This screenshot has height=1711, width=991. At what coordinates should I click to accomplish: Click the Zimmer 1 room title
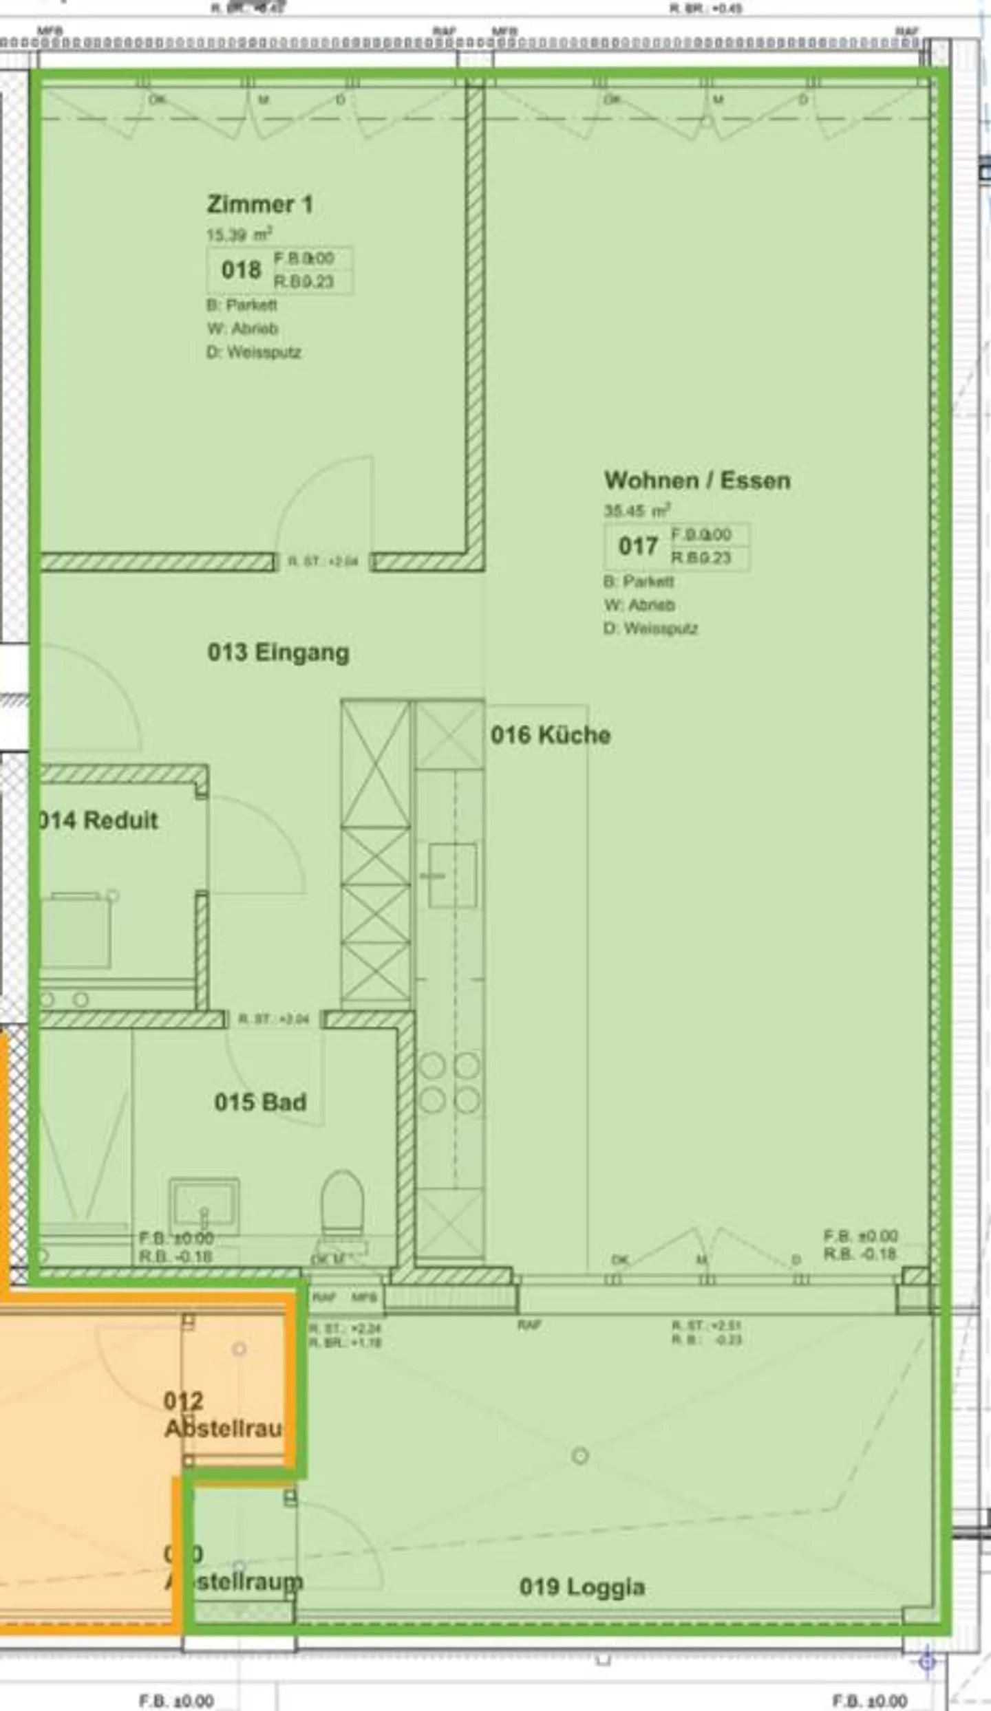[259, 204]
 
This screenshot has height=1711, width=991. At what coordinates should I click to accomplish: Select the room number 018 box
[241, 270]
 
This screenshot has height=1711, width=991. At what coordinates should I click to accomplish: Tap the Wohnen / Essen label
[696, 480]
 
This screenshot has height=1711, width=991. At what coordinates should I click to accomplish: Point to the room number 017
[637, 546]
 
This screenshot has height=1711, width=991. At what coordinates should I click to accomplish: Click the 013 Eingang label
[278, 652]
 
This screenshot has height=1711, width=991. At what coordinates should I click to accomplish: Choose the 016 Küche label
[550, 734]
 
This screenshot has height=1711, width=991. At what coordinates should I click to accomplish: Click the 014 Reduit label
[98, 820]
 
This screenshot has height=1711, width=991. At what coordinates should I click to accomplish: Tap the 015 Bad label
[260, 1102]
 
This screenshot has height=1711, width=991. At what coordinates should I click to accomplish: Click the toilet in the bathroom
[342, 1203]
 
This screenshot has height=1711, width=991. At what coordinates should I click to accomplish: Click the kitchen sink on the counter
[452, 875]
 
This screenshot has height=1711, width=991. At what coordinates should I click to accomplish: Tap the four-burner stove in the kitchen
[449, 1082]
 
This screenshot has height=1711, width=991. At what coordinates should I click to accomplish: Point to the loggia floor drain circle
[580, 1455]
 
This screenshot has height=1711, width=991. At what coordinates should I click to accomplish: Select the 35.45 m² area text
[637, 511]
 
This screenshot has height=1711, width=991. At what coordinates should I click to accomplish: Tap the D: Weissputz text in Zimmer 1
[254, 352]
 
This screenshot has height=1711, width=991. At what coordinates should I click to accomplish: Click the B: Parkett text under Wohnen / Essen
[639, 582]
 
